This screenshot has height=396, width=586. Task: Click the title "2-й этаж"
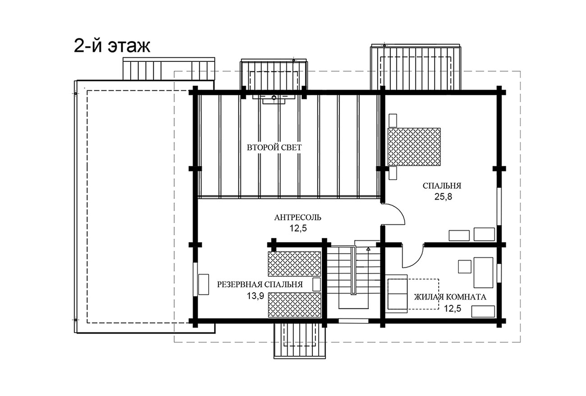pos(112,47)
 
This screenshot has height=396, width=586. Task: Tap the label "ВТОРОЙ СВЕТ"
pos(274,148)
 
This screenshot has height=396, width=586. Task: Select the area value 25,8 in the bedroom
pos(443,197)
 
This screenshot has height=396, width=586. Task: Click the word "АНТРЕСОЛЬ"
pos(298,218)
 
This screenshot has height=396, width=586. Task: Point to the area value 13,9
pos(255,296)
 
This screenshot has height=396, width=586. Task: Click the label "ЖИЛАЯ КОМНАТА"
pos(450,297)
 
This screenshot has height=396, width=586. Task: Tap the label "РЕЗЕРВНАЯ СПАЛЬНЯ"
pos(260,284)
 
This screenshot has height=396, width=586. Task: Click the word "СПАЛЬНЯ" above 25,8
pos(442,186)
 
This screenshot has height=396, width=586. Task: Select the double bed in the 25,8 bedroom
pos(414,147)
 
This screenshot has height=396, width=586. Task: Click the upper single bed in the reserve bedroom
pos(294,264)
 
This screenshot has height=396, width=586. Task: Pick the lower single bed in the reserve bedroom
pos(294,305)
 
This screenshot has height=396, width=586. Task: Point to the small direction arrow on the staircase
pos(368,248)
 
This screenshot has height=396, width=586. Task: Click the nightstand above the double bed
pos(393,120)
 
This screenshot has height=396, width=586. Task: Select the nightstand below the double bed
pos(393,173)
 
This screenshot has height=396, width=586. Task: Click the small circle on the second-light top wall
pos(274,98)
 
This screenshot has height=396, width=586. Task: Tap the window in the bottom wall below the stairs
pos(353,321)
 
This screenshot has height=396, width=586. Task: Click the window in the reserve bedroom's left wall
pos(195,280)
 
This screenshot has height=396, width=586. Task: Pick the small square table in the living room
pos(465,266)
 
